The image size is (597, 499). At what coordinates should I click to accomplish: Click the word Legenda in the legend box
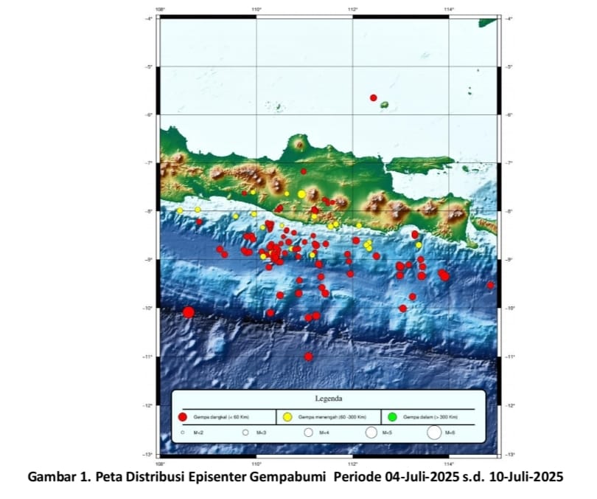point(328,399)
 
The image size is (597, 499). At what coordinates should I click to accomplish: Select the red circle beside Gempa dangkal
point(184,417)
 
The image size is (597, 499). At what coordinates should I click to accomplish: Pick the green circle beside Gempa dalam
point(391,417)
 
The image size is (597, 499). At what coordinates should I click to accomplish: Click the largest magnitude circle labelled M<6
point(433,433)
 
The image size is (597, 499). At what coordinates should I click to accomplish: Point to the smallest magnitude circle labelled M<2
point(182,433)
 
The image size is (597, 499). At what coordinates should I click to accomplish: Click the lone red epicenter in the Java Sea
point(374,97)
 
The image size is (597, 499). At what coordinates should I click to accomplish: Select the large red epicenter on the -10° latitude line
point(189,312)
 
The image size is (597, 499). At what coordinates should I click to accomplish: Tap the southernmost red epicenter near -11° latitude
point(308,357)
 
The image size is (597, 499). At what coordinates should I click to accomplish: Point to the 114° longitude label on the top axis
point(449,10)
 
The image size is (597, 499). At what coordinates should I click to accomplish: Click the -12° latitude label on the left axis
point(150,405)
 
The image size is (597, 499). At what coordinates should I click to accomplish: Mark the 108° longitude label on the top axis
point(160,10)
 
